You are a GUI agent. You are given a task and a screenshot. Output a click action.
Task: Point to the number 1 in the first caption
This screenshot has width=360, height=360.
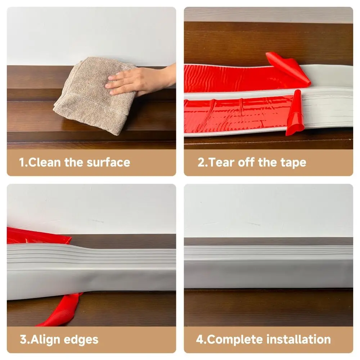click(22, 162)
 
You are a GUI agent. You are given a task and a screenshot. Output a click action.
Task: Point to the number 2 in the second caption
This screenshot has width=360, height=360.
click(201, 162)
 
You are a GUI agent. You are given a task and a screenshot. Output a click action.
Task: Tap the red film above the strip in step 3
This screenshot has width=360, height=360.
click(36, 236)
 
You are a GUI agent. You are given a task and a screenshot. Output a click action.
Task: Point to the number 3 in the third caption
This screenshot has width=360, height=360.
click(22, 339)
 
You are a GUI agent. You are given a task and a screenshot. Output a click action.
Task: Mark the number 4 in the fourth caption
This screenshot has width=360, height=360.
click(199, 339)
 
